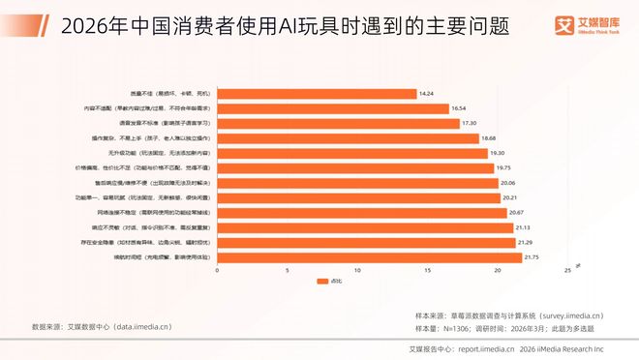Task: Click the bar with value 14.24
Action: point(316,94)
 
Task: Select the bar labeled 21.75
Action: point(369,257)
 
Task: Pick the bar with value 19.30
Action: point(350,153)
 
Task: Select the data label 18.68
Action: point(493,138)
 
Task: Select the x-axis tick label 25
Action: point(566,272)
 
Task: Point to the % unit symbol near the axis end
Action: point(578,262)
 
